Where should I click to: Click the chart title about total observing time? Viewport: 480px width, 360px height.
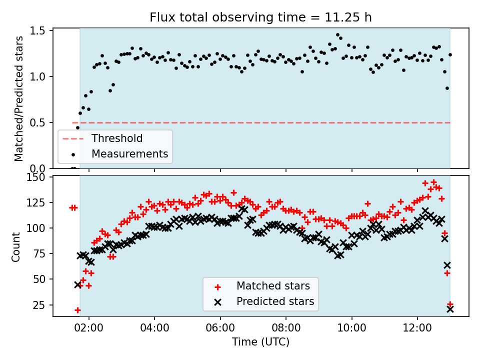click(260, 17)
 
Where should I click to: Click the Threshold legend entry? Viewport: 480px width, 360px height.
click(116, 138)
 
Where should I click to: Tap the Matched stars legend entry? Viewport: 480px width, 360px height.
click(273, 286)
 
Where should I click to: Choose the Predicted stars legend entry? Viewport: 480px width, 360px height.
click(275, 301)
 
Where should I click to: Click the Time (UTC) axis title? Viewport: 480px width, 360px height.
click(260, 342)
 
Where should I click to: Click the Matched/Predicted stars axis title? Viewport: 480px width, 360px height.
click(18, 98)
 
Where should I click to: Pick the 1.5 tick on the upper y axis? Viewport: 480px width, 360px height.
click(38, 31)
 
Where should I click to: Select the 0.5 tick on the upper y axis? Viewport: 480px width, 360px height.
click(38, 122)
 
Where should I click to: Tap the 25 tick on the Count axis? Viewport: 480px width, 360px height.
click(40, 304)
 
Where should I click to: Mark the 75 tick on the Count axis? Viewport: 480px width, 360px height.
click(40, 253)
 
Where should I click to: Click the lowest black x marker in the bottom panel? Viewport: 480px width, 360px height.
click(450, 309)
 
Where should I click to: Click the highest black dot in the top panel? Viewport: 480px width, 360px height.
click(338, 35)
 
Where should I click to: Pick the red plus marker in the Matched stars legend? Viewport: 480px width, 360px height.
click(217, 286)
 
